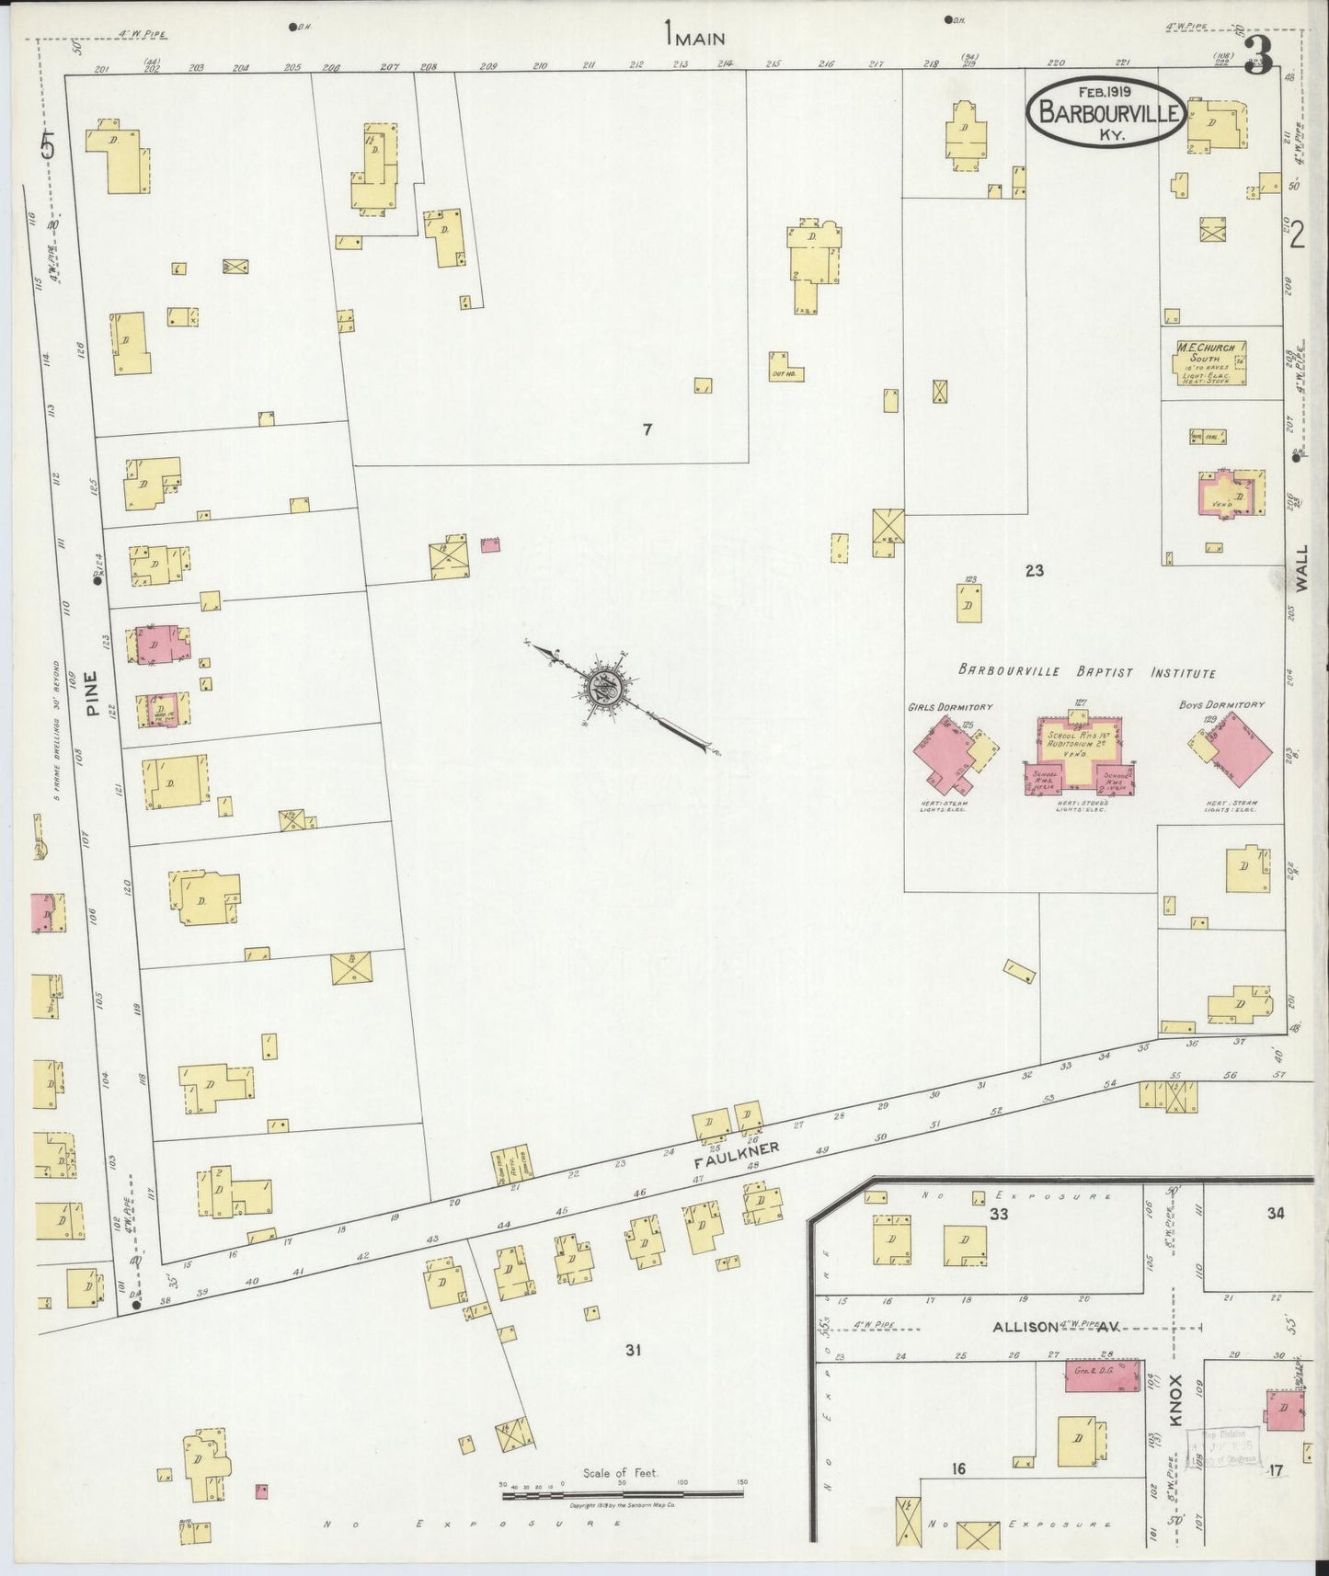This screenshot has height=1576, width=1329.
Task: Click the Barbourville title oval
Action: pos(1106,110)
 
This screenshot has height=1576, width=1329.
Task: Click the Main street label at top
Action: pos(696,38)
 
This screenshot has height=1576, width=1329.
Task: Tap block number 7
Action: pos(647,428)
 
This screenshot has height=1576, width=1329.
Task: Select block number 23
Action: pos(1034,571)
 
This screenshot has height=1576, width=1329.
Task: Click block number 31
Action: pos(632,1350)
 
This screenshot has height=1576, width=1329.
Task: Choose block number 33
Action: pos(999,1214)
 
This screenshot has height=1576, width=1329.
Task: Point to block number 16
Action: pos(958,1469)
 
